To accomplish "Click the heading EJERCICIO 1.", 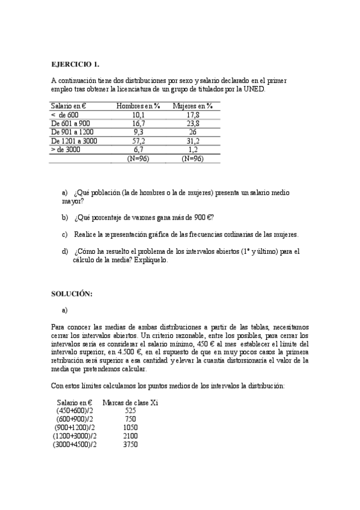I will click(75, 64).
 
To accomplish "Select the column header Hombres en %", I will click(138, 106).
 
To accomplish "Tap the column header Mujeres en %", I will click(192, 106).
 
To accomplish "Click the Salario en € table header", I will click(69, 106).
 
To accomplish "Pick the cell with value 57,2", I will click(138, 141).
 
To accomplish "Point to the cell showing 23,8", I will click(193, 123).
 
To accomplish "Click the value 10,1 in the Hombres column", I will click(138, 114).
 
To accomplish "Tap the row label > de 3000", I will click(66, 149).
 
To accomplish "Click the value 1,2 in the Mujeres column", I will click(193, 149).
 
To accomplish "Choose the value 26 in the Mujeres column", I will click(193, 132).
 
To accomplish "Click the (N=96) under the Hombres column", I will click(138, 158).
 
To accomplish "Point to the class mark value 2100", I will click(130, 435).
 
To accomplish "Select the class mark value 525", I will click(130, 410).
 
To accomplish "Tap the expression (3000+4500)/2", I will click(75, 444).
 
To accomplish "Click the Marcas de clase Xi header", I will click(130, 402).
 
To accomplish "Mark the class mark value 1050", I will click(130, 427).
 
